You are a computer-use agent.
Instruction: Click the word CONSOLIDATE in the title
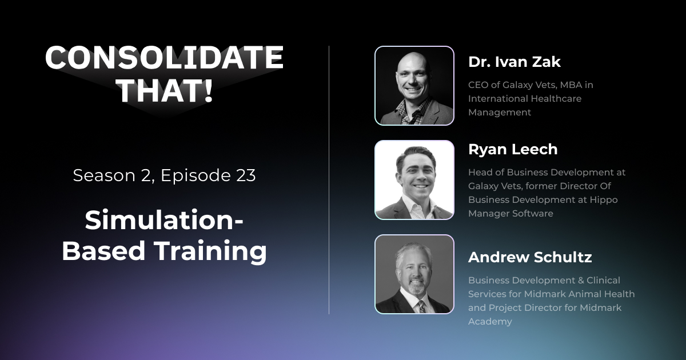(x=164, y=58)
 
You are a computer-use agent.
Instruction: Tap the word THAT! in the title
(x=164, y=90)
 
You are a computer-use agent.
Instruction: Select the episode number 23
(x=244, y=175)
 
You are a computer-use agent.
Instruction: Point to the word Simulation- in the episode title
(x=164, y=221)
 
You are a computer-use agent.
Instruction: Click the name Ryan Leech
(x=512, y=149)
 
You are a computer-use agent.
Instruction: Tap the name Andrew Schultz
(x=529, y=257)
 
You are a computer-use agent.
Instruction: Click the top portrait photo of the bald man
(x=414, y=86)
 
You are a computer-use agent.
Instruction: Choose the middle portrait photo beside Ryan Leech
(x=414, y=180)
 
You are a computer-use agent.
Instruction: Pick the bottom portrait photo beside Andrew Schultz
(x=414, y=274)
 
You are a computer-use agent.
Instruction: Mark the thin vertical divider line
(x=329, y=180)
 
